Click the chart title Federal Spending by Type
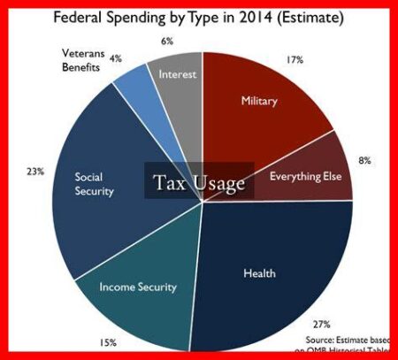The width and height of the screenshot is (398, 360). click(198, 19)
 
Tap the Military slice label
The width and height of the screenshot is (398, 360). click(258, 102)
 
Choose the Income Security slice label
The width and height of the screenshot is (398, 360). click(137, 287)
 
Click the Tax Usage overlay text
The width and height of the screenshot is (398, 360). click(200, 182)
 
